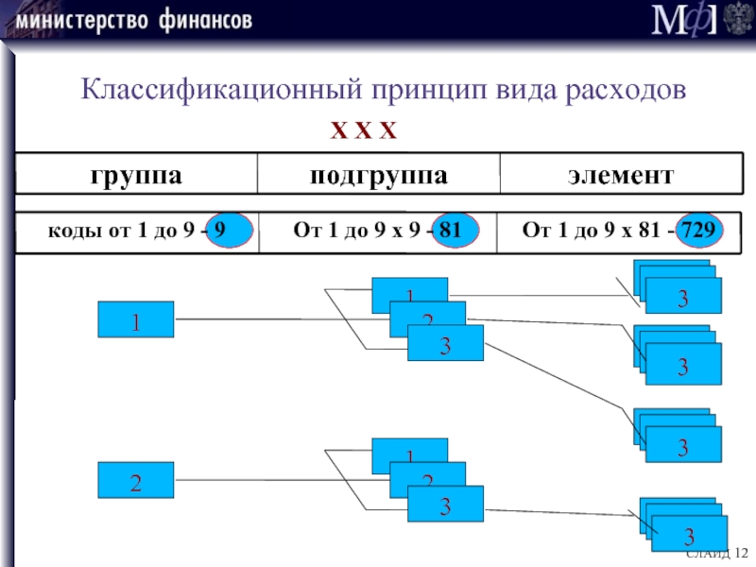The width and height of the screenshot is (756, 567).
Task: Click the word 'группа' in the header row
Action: [x=136, y=176]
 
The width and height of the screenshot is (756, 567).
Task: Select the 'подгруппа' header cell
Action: [x=378, y=176]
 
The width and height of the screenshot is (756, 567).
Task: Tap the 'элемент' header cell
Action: [x=620, y=176]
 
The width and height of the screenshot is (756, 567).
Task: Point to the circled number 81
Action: [x=455, y=231]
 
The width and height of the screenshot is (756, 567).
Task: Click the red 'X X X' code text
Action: [x=363, y=129]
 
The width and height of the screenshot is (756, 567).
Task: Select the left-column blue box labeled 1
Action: [x=136, y=319]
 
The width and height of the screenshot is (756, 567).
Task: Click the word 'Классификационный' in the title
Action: [x=214, y=90]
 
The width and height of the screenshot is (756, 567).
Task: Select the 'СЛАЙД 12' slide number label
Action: [x=716, y=552]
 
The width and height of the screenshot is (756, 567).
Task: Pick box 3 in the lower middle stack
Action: [x=445, y=505]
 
